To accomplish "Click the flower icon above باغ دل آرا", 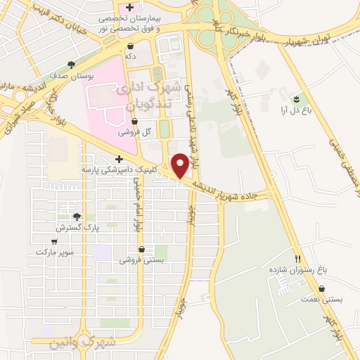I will tap(297, 97).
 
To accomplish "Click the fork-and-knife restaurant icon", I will tap(297, 258).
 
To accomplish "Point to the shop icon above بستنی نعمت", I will tap(321, 288).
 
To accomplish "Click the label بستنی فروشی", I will tap(141, 259).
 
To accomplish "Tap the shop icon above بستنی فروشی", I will tap(141, 249).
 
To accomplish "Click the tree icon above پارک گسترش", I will tap(77, 217).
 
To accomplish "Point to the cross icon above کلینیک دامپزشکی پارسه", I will tap(119, 159).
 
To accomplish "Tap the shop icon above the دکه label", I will tap(130, 44).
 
